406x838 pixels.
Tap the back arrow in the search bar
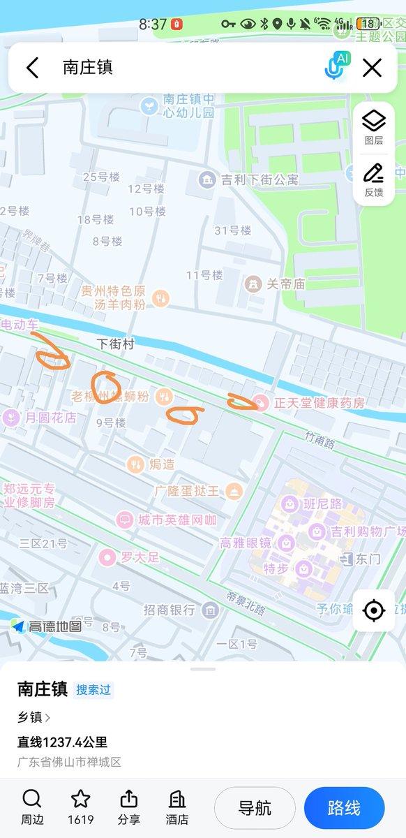[x=32, y=68]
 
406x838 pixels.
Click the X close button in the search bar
[x=373, y=68]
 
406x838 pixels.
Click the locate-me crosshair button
[x=374, y=610]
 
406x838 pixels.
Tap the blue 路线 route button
[x=344, y=808]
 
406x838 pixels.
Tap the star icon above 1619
[x=81, y=800]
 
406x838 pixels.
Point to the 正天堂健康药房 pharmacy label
[x=310, y=403]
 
